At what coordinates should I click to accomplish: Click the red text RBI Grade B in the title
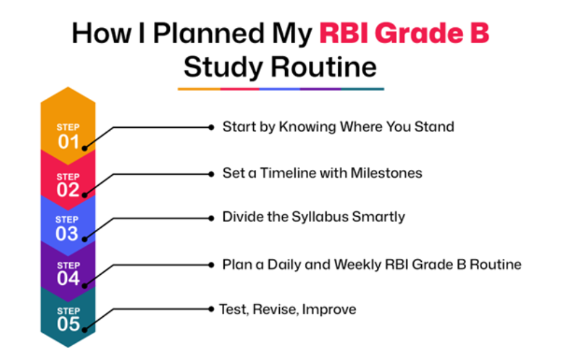coord(404,33)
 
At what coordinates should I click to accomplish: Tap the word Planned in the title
coord(209,33)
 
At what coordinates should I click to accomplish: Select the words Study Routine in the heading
coord(280,67)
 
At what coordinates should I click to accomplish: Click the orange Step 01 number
coord(68,142)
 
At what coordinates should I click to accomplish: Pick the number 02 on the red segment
coord(68,189)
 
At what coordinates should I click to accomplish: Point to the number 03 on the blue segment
coord(67,234)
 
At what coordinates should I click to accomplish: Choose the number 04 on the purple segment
coord(68,278)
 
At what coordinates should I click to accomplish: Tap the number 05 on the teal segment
coord(68,324)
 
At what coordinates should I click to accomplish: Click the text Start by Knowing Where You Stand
coord(338,127)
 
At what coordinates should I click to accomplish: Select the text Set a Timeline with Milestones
coord(322,173)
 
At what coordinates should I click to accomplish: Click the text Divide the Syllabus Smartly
coord(314,217)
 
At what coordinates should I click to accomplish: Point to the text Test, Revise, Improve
coord(288,310)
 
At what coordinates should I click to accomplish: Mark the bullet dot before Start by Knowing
coord(211,127)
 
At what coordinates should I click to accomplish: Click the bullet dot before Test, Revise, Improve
coord(211,309)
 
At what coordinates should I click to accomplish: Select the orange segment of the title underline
coord(199,89)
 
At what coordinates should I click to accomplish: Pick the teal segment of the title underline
coord(363,89)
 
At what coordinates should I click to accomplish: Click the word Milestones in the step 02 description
coord(386,173)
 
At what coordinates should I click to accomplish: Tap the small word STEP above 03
coord(67,220)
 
